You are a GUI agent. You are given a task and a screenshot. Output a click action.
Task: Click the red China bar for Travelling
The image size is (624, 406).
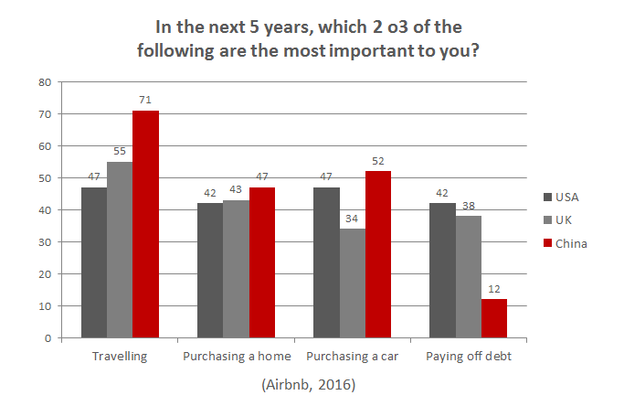[145, 224]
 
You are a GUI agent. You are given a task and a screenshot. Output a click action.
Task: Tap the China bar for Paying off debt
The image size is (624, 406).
[493, 318]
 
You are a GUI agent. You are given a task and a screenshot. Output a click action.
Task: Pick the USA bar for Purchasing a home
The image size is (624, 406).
[209, 271]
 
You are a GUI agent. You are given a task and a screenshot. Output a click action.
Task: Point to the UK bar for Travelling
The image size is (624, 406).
[120, 250]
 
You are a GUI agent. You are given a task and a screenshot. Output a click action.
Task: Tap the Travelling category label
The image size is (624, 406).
[120, 356]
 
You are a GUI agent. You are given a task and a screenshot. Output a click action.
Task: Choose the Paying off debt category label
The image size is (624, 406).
[468, 356]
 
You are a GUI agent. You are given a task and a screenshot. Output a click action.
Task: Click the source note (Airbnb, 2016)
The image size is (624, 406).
[307, 384]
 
